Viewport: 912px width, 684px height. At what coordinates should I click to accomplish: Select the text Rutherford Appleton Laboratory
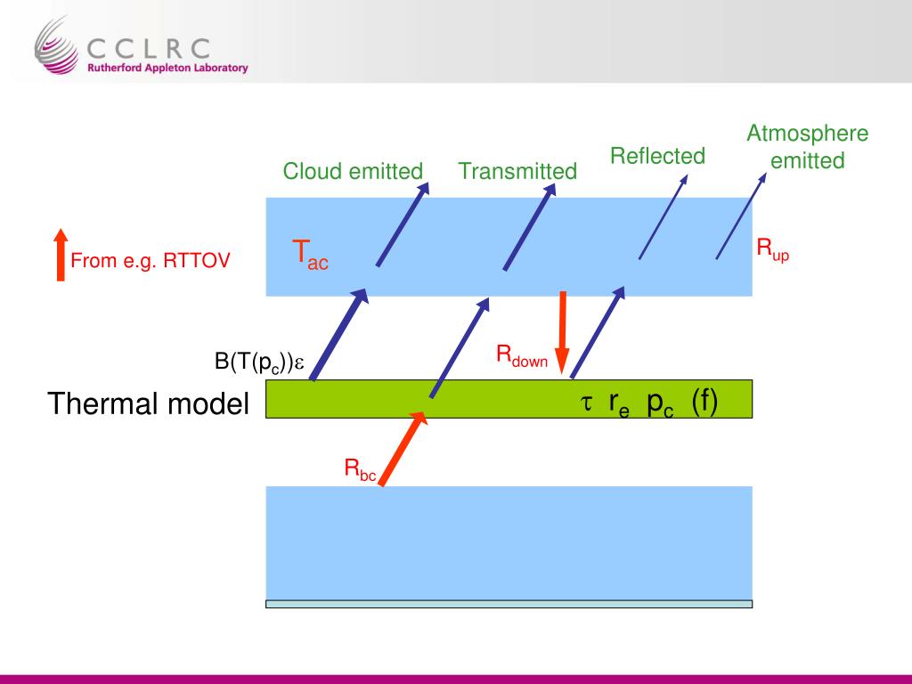pos(167,68)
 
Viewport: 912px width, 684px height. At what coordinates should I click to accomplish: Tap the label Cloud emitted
pos(353,171)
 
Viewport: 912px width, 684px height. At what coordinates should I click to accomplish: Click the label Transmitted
pos(517,171)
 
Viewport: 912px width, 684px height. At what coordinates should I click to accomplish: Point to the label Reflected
pos(657,157)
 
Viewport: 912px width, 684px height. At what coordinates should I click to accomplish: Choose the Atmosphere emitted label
pos(807,148)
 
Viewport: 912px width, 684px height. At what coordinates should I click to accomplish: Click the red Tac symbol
pos(310,254)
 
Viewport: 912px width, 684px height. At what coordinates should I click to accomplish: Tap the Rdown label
pos(522,356)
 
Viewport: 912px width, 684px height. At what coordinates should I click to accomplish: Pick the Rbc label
pos(361,468)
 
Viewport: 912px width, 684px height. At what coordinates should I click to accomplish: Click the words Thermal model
pos(149,404)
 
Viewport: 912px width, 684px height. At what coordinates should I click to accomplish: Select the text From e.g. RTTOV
pos(151,261)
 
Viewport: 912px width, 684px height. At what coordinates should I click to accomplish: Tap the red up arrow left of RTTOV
pos(61,255)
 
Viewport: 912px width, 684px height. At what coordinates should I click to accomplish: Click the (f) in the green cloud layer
pos(704,402)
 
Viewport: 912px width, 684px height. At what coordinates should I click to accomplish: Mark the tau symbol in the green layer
pos(587,403)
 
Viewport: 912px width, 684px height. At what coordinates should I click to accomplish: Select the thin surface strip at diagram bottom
pos(509,604)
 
